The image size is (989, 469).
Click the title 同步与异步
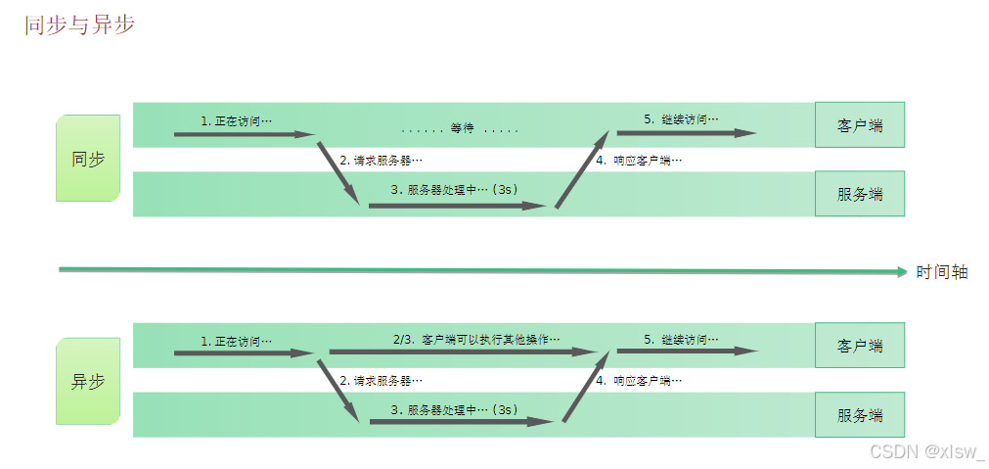79,24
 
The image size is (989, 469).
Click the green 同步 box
88,159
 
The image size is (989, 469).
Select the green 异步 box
88,382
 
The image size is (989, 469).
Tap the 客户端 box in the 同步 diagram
860,125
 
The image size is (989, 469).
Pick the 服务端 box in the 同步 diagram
860,194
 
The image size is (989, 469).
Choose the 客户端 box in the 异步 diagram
860,346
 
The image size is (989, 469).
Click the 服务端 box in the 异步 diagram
860,415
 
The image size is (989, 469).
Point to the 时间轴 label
942,272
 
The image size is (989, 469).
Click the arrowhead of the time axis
903,272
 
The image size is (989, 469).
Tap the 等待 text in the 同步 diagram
461,129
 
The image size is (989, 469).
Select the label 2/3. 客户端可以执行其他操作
476,339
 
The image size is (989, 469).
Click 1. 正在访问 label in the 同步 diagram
236,120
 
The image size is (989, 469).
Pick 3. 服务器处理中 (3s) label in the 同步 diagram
454,190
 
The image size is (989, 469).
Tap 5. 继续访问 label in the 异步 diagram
681,339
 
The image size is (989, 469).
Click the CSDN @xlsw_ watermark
926,451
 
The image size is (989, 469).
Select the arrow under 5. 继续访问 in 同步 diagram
685,133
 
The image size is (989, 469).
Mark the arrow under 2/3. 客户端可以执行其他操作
462,351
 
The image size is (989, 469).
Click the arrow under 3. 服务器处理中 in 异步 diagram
460,422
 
